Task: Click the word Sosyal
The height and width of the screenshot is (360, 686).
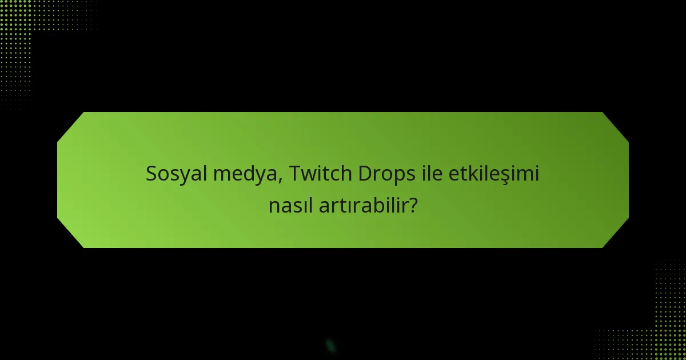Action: tap(177, 174)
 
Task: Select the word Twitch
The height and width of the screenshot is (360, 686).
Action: tap(321, 174)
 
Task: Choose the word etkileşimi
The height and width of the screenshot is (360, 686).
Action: tap(494, 174)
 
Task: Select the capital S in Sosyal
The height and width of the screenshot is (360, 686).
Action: tap(151, 174)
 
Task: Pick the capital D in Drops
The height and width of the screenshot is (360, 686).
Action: tap(365, 174)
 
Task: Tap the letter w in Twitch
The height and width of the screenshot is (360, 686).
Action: tap(309, 175)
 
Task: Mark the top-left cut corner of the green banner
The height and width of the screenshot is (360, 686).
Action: tap(70, 126)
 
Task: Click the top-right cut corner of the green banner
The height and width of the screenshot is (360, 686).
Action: tap(616, 126)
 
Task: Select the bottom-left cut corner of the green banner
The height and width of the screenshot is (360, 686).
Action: tap(70, 234)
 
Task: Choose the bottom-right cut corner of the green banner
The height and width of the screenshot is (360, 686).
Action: tap(616, 234)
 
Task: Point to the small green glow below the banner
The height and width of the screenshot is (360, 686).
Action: tap(330, 345)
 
